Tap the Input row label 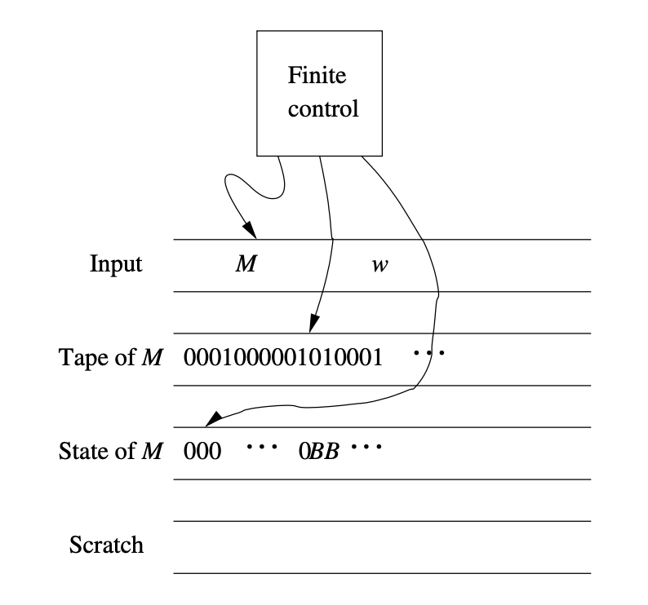116,265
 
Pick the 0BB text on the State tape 319,450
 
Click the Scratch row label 106,545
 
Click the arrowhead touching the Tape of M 313,326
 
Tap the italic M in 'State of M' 153,450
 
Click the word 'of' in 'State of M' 124,450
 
